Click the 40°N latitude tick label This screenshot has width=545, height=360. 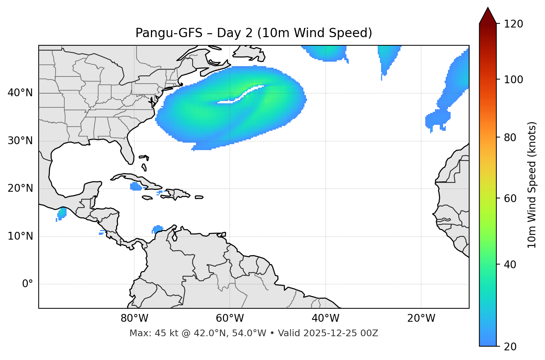pyautogui.click(x=20, y=93)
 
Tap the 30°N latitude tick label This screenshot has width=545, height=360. pyautogui.click(x=20, y=141)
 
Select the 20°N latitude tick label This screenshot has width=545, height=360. pyautogui.click(x=20, y=189)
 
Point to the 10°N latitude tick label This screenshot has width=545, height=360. pyautogui.click(x=20, y=236)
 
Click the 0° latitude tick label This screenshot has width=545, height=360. pyautogui.click(x=28, y=284)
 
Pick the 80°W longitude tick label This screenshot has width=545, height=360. pyautogui.click(x=134, y=318)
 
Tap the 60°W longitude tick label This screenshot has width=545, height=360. pyautogui.click(x=230, y=318)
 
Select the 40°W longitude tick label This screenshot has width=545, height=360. pyautogui.click(x=325, y=318)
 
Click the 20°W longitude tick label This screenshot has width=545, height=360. pyautogui.click(x=421, y=318)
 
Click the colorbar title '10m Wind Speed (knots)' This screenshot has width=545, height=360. pyautogui.click(x=532, y=185)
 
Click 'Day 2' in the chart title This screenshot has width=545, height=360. pyautogui.click(x=234, y=33)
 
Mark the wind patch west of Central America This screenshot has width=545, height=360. pyautogui.click(x=61, y=214)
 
